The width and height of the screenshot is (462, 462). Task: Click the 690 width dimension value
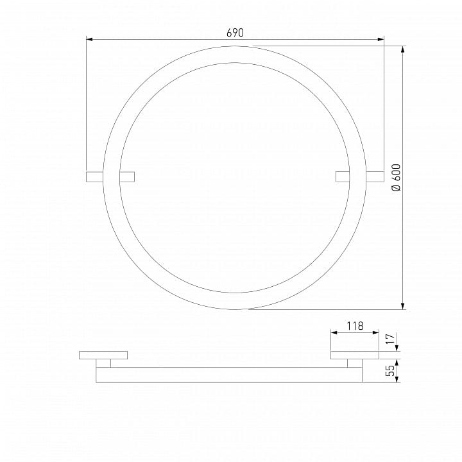coord(235,33)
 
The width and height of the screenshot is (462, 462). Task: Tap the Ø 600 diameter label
coord(397,178)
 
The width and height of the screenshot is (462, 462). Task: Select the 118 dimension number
coord(355,326)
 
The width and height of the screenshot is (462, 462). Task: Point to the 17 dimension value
coord(390,339)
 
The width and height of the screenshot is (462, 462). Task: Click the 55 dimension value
coord(390,371)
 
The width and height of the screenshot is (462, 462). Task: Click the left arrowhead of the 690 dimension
coord(90,39)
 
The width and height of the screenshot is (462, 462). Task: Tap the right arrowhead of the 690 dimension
coord(381,39)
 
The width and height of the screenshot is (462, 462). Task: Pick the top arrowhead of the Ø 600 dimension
coord(403,49)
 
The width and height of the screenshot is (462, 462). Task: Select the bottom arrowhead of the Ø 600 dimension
coord(403,306)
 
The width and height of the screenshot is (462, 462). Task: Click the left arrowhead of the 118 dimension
coord(334,332)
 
